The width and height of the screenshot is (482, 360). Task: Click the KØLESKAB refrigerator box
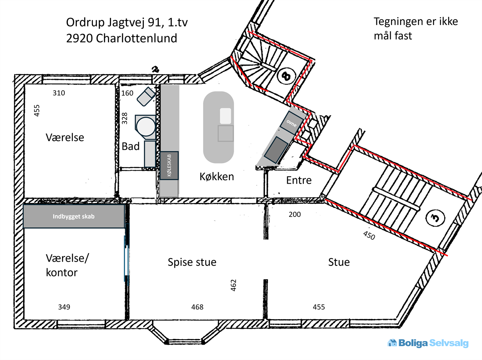click(x=169, y=166)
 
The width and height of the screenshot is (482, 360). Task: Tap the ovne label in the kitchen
click(x=292, y=123)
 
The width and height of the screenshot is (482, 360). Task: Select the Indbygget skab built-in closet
click(x=74, y=216)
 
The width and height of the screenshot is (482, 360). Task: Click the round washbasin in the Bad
click(x=146, y=127)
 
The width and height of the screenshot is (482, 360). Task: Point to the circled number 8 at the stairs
click(x=287, y=76)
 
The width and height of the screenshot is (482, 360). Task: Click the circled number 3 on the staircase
click(x=435, y=218)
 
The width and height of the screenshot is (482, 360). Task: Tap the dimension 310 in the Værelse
click(x=59, y=93)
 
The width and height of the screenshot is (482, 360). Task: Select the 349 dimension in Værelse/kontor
click(x=64, y=307)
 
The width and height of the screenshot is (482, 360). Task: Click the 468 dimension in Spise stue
click(x=197, y=307)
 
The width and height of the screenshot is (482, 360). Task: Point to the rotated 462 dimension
click(x=233, y=285)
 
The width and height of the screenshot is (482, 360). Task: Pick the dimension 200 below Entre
click(x=295, y=214)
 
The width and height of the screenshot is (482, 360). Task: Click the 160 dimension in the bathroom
click(x=127, y=93)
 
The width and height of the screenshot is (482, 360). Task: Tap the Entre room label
click(x=299, y=180)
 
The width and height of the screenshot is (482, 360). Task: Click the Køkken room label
click(x=217, y=176)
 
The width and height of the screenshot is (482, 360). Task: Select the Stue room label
click(x=339, y=262)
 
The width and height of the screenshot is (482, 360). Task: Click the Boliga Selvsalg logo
click(x=428, y=343)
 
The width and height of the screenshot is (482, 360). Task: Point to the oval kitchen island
click(x=219, y=127)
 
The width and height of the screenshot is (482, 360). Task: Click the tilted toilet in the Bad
click(x=146, y=96)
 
